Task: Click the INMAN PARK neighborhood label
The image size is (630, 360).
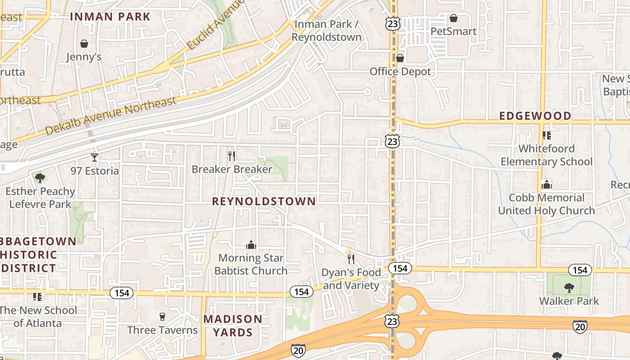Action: [x=110, y=17]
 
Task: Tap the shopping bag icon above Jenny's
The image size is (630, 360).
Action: [x=84, y=44]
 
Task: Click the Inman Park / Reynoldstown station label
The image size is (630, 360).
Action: [x=326, y=31]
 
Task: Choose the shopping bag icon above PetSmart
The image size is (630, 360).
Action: [x=454, y=18]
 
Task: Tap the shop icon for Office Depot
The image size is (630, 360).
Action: [x=400, y=58]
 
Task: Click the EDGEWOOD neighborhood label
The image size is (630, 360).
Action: [x=535, y=116]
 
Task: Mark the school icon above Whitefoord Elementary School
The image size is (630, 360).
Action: [x=547, y=135]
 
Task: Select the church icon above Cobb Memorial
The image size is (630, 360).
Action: [x=547, y=184]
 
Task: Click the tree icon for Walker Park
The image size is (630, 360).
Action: [x=569, y=288]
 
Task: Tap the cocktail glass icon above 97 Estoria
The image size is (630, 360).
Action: [x=94, y=157]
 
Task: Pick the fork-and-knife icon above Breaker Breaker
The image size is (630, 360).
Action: [x=232, y=156]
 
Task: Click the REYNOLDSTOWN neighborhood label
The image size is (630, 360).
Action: [x=264, y=201]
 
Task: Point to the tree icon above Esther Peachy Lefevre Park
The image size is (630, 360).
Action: [x=40, y=178]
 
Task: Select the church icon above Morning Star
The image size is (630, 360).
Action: [x=251, y=245]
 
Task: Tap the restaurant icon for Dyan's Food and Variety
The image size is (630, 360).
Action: [x=351, y=259]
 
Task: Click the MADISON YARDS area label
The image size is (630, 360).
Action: [x=233, y=326]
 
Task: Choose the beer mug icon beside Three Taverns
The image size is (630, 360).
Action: [x=162, y=316]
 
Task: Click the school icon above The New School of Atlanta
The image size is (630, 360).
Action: [x=37, y=297]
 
